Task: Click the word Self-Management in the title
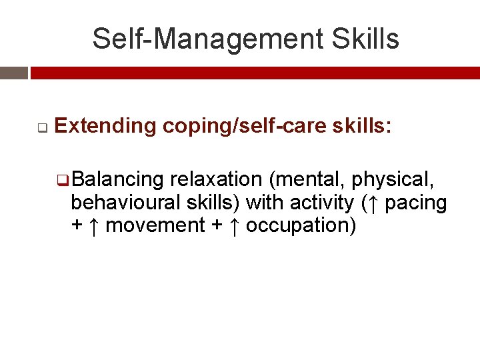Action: tap(193, 39)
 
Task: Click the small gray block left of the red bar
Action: tap(13, 73)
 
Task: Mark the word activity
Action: tap(322, 202)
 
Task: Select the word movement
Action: tap(155, 225)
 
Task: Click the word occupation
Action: tap(301, 225)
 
